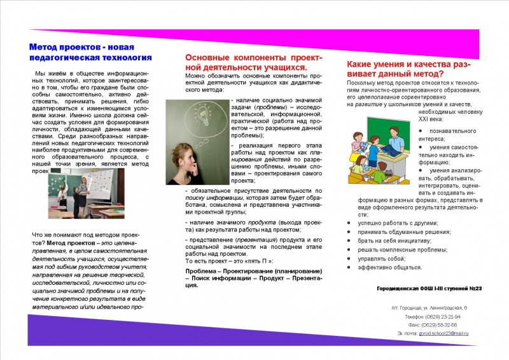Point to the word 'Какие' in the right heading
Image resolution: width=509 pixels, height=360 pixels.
point(362,64)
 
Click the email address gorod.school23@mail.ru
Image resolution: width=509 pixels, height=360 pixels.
point(443,333)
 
